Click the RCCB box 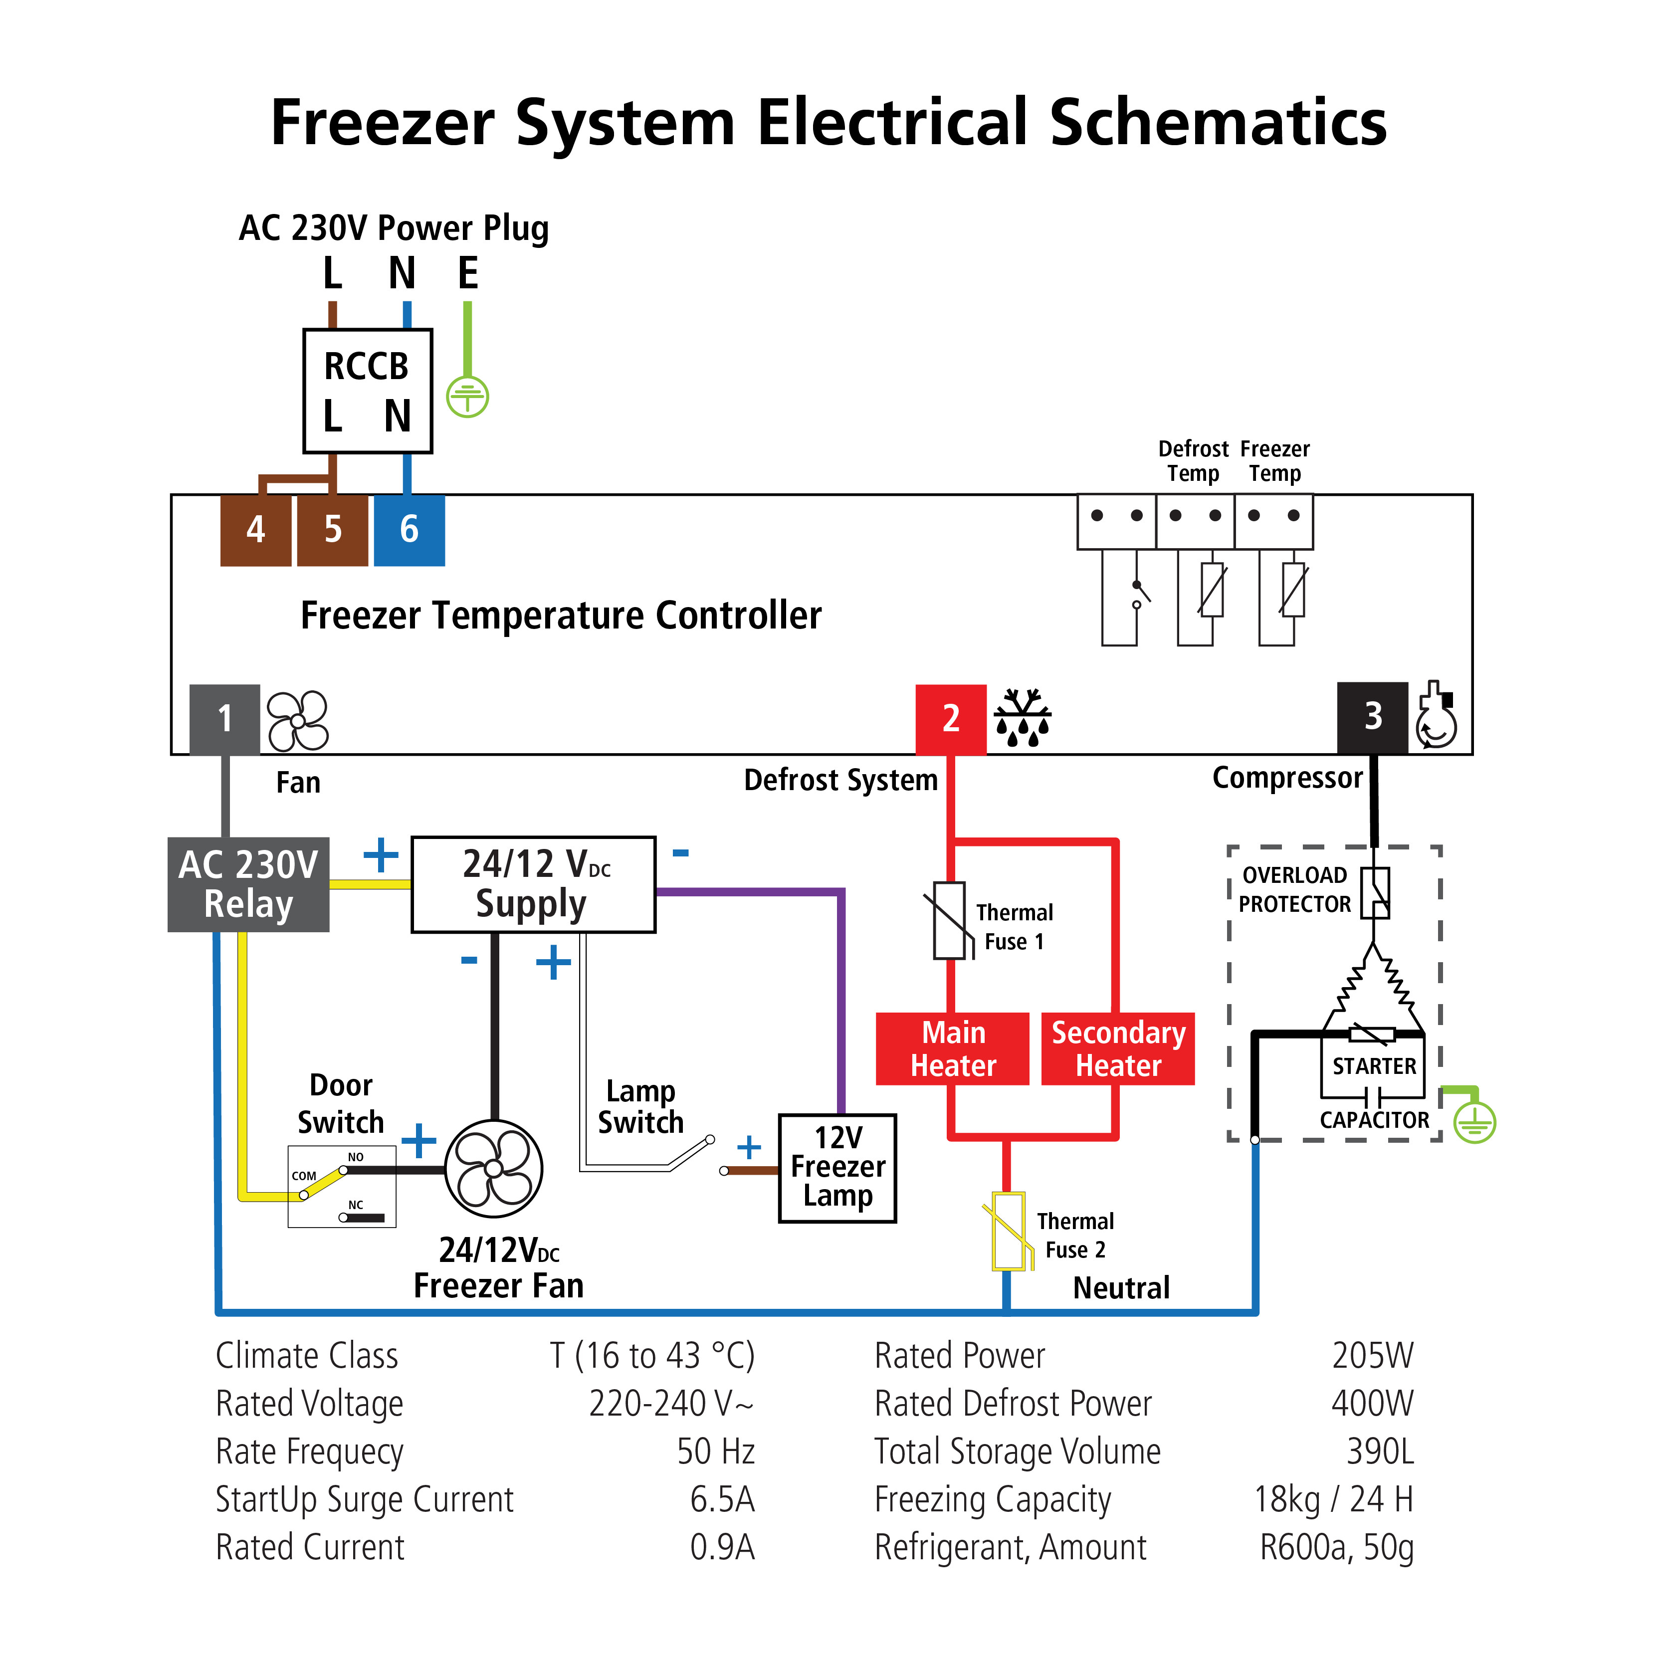[368, 391]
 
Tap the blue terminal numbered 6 [409, 529]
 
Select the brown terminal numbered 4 [256, 529]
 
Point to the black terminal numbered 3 [1372, 717]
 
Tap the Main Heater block [952, 1048]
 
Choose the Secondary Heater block [1118, 1048]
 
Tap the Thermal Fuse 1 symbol [949, 920]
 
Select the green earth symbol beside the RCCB [467, 397]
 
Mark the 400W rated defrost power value [1372, 1403]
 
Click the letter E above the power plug [467, 274]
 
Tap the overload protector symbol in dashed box [1375, 893]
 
